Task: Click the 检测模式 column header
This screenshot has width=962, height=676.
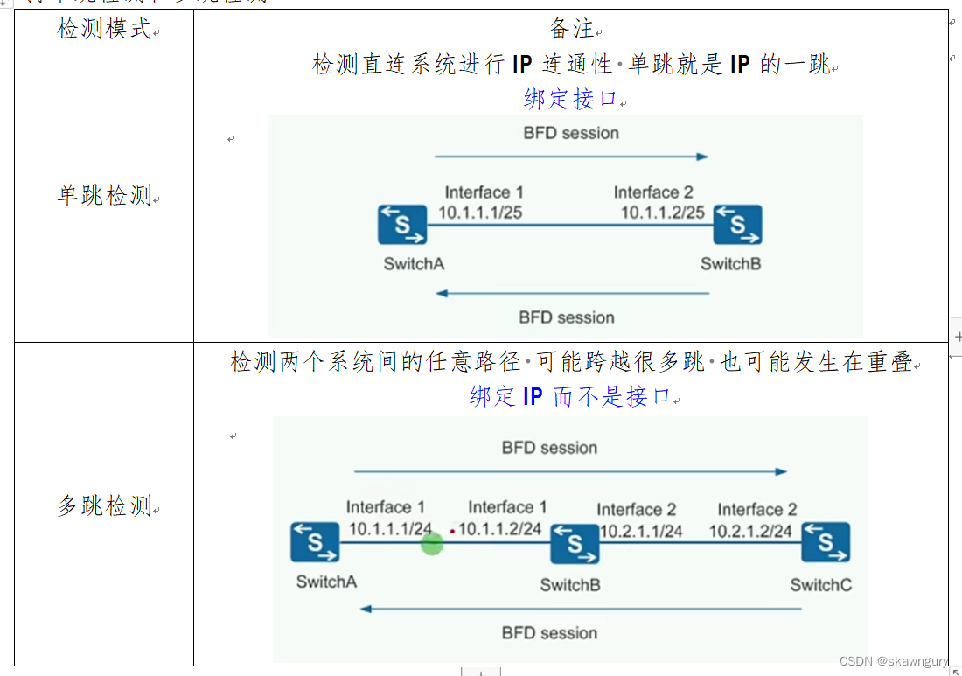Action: point(104,29)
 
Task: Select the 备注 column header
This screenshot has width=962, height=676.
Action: point(571,29)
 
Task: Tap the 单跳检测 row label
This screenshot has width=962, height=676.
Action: point(104,195)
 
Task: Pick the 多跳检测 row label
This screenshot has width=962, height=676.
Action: point(104,505)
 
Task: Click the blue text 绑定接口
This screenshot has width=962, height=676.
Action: point(571,99)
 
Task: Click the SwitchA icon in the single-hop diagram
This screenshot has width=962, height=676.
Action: point(402,226)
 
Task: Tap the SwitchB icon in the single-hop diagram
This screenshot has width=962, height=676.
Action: point(737,226)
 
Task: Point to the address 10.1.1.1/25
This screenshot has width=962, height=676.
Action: point(480,213)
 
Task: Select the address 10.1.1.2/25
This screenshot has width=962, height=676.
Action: point(663,213)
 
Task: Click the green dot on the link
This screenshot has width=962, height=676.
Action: point(432,543)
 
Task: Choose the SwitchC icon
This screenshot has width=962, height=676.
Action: point(826,543)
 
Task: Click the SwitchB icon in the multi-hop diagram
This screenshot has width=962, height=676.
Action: point(575,544)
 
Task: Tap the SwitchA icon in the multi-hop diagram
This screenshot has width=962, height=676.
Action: point(316,543)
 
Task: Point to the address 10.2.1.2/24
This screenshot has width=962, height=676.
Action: point(750,531)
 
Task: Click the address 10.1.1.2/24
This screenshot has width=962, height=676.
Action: point(499,529)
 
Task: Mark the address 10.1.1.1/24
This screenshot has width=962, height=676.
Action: point(390,529)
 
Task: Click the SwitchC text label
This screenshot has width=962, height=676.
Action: point(820,585)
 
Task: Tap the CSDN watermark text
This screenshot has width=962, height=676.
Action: point(892,662)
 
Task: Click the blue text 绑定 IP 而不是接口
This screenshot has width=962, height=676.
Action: point(570,396)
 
